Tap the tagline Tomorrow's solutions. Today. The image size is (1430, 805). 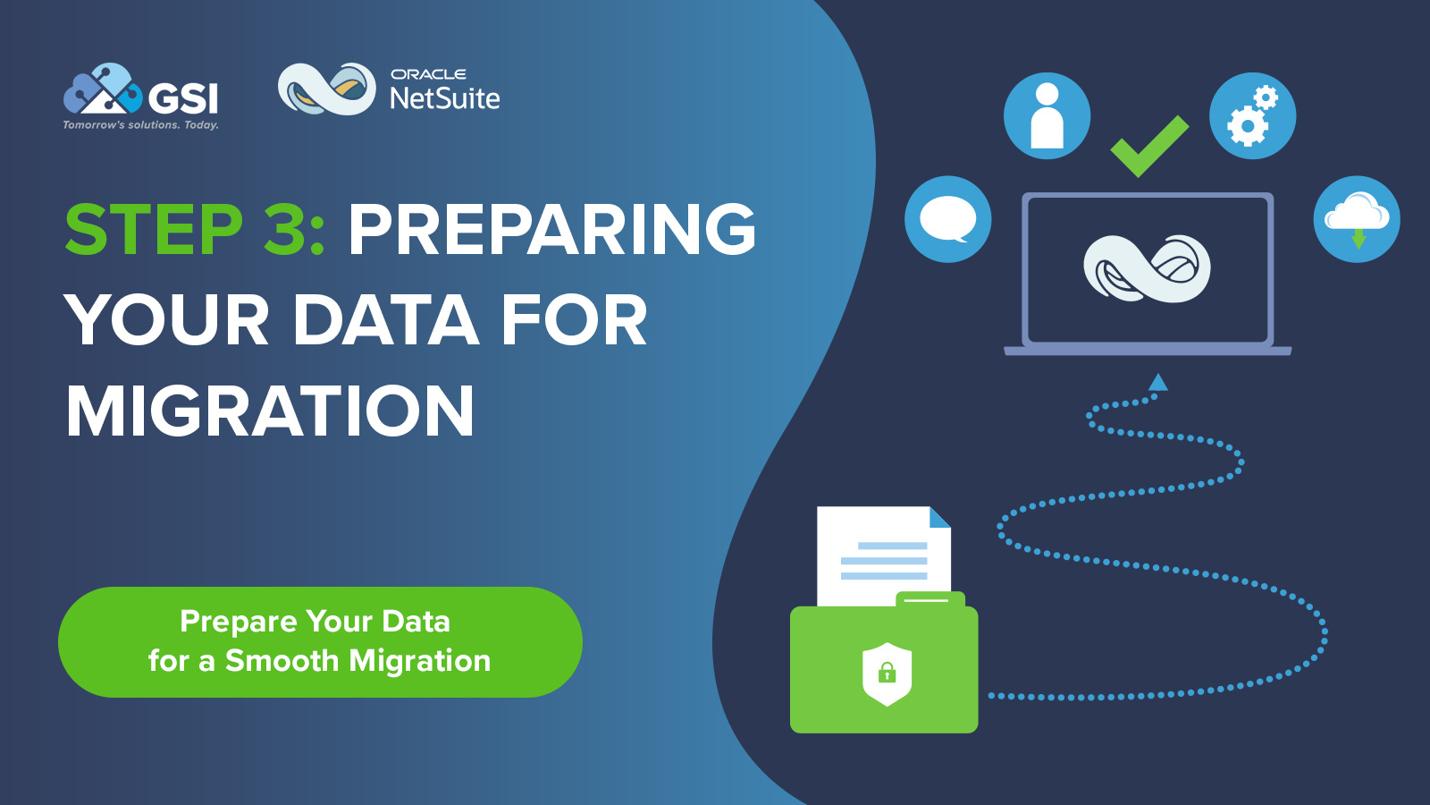click(x=140, y=125)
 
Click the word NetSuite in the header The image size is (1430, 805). click(x=445, y=98)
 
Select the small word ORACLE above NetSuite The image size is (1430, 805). click(x=428, y=74)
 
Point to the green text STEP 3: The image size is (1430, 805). click(x=195, y=230)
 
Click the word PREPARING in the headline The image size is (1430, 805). click(x=552, y=230)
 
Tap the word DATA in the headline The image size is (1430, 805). click(x=385, y=320)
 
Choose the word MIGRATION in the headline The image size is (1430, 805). click(x=270, y=411)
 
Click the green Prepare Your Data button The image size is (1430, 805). click(x=320, y=641)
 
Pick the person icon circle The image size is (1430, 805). click(x=1047, y=116)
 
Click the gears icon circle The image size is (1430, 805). click(x=1252, y=116)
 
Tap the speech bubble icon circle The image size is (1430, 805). click(x=947, y=219)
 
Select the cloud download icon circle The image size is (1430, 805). click(x=1356, y=219)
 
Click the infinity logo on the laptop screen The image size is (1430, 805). click(x=1147, y=268)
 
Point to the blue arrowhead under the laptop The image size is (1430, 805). click(x=1158, y=383)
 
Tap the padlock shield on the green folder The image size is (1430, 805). click(x=887, y=674)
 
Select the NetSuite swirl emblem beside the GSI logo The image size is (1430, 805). click(x=326, y=89)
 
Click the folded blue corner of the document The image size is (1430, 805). click(x=938, y=518)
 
